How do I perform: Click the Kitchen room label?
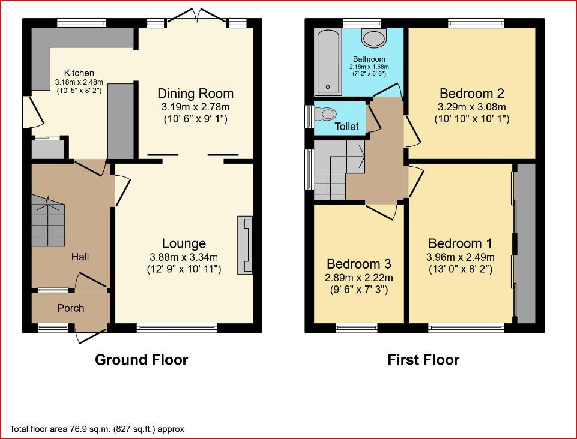coord(79,73)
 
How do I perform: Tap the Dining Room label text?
coord(195,94)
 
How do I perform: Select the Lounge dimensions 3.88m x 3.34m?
coord(184,257)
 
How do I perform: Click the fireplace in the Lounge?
coord(246,245)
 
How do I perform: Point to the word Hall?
coord(80,257)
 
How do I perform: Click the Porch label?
coord(71,308)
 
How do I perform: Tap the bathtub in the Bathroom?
coord(328,61)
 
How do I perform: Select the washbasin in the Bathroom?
coord(374,38)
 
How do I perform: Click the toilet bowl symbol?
coord(325,113)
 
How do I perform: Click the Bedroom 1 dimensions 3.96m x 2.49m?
coord(461,257)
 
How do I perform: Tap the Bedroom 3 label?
coord(359,264)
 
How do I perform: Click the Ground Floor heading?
coord(142,360)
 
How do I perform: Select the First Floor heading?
coord(423,360)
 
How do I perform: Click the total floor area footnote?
coord(97,429)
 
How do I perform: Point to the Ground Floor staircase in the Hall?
coord(48,221)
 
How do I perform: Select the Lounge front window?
coord(177,327)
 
